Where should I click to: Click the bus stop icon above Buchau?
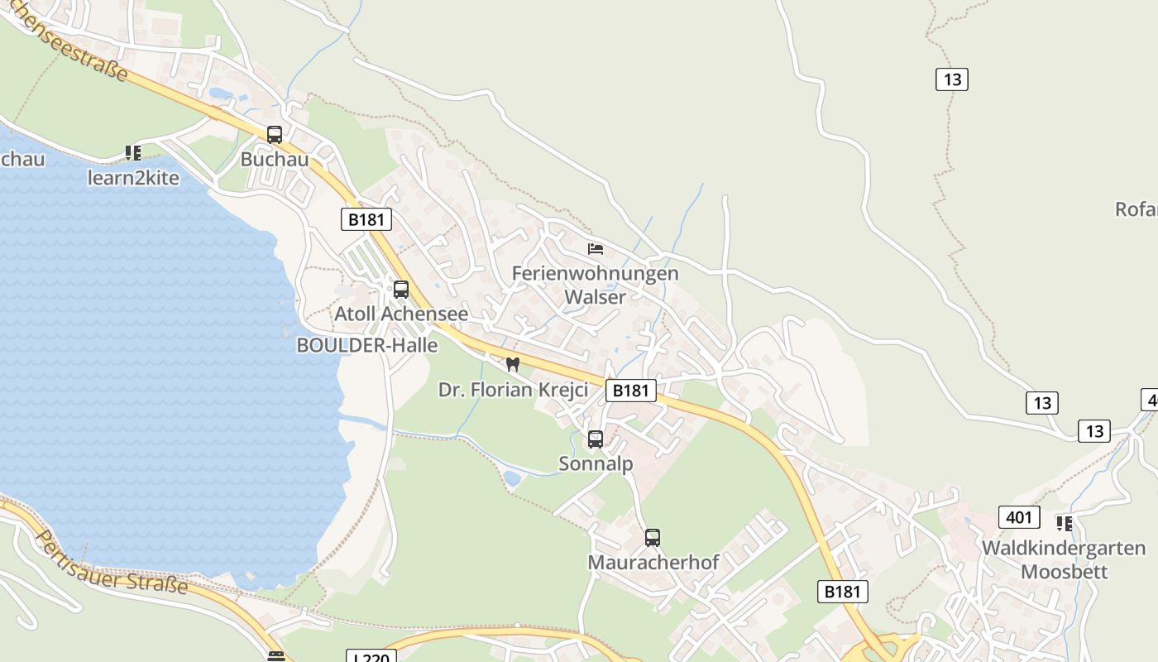(274, 134)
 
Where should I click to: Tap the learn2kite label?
(133, 178)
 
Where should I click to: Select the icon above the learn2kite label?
(133, 152)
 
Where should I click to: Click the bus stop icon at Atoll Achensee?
(401, 289)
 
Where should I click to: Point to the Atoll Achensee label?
(401, 314)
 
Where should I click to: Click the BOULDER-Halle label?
(367, 346)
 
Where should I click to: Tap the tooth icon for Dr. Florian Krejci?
(513, 364)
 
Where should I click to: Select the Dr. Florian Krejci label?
(513, 390)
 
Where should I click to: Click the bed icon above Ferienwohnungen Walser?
(596, 248)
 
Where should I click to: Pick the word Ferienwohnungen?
(595, 273)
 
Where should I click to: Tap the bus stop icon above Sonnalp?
(596, 439)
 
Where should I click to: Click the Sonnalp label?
(596, 464)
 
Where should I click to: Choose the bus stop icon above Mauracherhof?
(653, 538)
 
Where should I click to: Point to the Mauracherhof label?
(653, 563)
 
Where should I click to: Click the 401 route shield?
(1019, 517)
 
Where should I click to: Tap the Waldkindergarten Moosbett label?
(1064, 559)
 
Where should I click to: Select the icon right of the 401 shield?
(1064, 523)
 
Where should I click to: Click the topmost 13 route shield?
(952, 79)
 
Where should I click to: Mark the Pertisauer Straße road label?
(111, 562)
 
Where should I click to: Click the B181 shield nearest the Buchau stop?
(366, 219)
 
